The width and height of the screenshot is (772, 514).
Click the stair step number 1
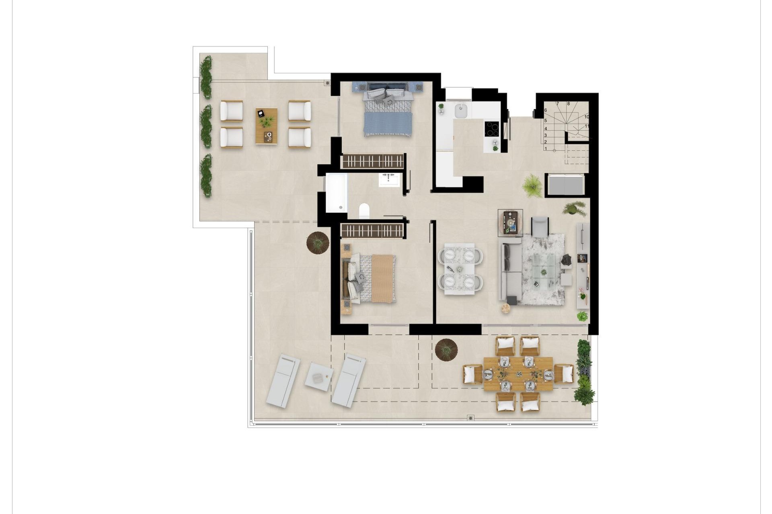click(x=546, y=149)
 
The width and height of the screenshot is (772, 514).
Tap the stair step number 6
click(x=546, y=110)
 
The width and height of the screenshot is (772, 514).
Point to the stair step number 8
click(x=569, y=104)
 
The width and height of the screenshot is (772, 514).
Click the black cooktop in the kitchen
click(x=492, y=129)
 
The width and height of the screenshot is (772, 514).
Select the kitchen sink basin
click(x=460, y=111)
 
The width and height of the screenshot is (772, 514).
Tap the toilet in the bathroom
click(x=364, y=210)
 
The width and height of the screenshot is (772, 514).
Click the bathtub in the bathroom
click(x=337, y=193)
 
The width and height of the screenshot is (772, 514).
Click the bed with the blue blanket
click(x=388, y=114)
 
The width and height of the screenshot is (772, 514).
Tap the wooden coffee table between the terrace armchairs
click(x=267, y=126)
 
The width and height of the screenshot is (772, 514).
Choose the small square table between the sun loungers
click(x=319, y=376)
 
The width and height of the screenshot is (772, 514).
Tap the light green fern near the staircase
click(x=532, y=186)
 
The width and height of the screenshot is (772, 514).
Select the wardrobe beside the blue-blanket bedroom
click(x=372, y=161)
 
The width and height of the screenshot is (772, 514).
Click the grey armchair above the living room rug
click(x=540, y=226)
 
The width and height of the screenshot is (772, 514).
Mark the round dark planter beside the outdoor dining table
click(x=446, y=349)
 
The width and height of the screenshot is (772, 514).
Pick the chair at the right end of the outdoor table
click(x=564, y=373)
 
